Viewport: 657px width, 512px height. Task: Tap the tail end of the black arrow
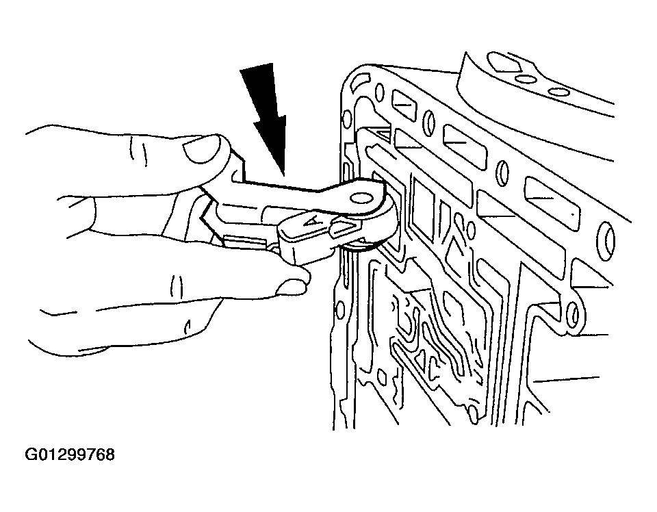[257, 67]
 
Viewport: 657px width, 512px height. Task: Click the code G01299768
[70, 455]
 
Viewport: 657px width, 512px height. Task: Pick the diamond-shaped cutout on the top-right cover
[504, 63]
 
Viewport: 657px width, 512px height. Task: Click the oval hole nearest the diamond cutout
[524, 79]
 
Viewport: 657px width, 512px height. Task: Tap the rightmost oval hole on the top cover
[557, 92]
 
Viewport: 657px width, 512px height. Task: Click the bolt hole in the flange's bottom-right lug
[572, 311]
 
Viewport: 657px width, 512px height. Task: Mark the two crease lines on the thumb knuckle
[138, 151]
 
